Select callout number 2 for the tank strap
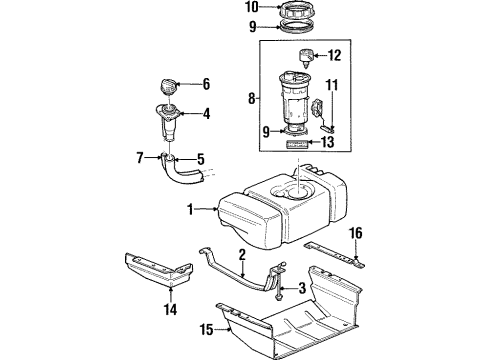coord(242,257)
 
